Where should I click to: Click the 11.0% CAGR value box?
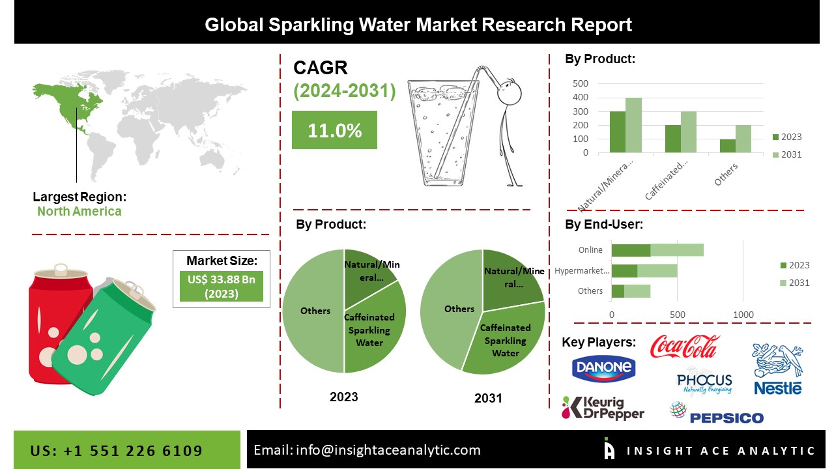pyautogui.click(x=334, y=130)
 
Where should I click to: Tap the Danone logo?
pyautogui.click(x=603, y=368)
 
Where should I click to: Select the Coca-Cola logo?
pyautogui.click(x=685, y=347)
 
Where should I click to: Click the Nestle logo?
pyautogui.click(x=777, y=369)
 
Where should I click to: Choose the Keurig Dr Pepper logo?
pyautogui.click(x=603, y=408)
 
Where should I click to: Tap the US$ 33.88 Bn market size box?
pyautogui.click(x=222, y=286)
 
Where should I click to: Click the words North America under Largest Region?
pyautogui.click(x=79, y=211)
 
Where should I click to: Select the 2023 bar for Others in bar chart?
pyautogui.click(x=727, y=146)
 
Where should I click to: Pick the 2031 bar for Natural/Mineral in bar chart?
pyautogui.click(x=633, y=125)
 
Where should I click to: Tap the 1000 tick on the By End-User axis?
pyautogui.click(x=743, y=315)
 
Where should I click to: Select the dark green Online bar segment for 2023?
pyautogui.click(x=631, y=250)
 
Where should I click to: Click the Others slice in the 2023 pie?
pyautogui.click(x=313, y=311)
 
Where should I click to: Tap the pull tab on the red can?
pyautogui.click(x=61, y=268)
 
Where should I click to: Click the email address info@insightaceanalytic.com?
pyautogui.click(x=388, y=449)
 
